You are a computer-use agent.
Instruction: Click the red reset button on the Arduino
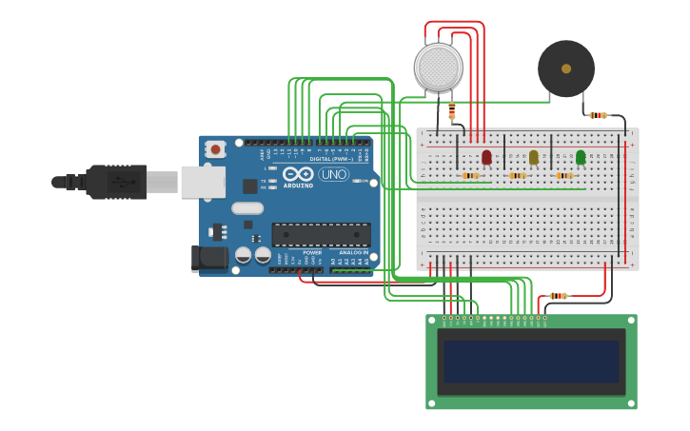216,148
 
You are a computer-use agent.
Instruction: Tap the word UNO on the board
333,175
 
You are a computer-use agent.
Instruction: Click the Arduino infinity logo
297,174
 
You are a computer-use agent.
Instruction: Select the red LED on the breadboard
486,157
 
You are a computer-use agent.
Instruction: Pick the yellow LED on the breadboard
533,157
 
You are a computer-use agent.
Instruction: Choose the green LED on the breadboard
581,157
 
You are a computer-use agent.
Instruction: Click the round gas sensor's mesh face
439,68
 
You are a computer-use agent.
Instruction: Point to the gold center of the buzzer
566,69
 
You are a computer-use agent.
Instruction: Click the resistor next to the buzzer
598,115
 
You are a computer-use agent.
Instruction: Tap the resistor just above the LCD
559,296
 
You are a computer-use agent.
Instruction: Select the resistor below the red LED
470,175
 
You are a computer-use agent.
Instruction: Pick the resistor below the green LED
564,175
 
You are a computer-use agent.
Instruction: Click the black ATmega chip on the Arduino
321,234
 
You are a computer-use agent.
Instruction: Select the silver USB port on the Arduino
203,182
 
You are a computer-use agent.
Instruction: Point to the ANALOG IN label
353,252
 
